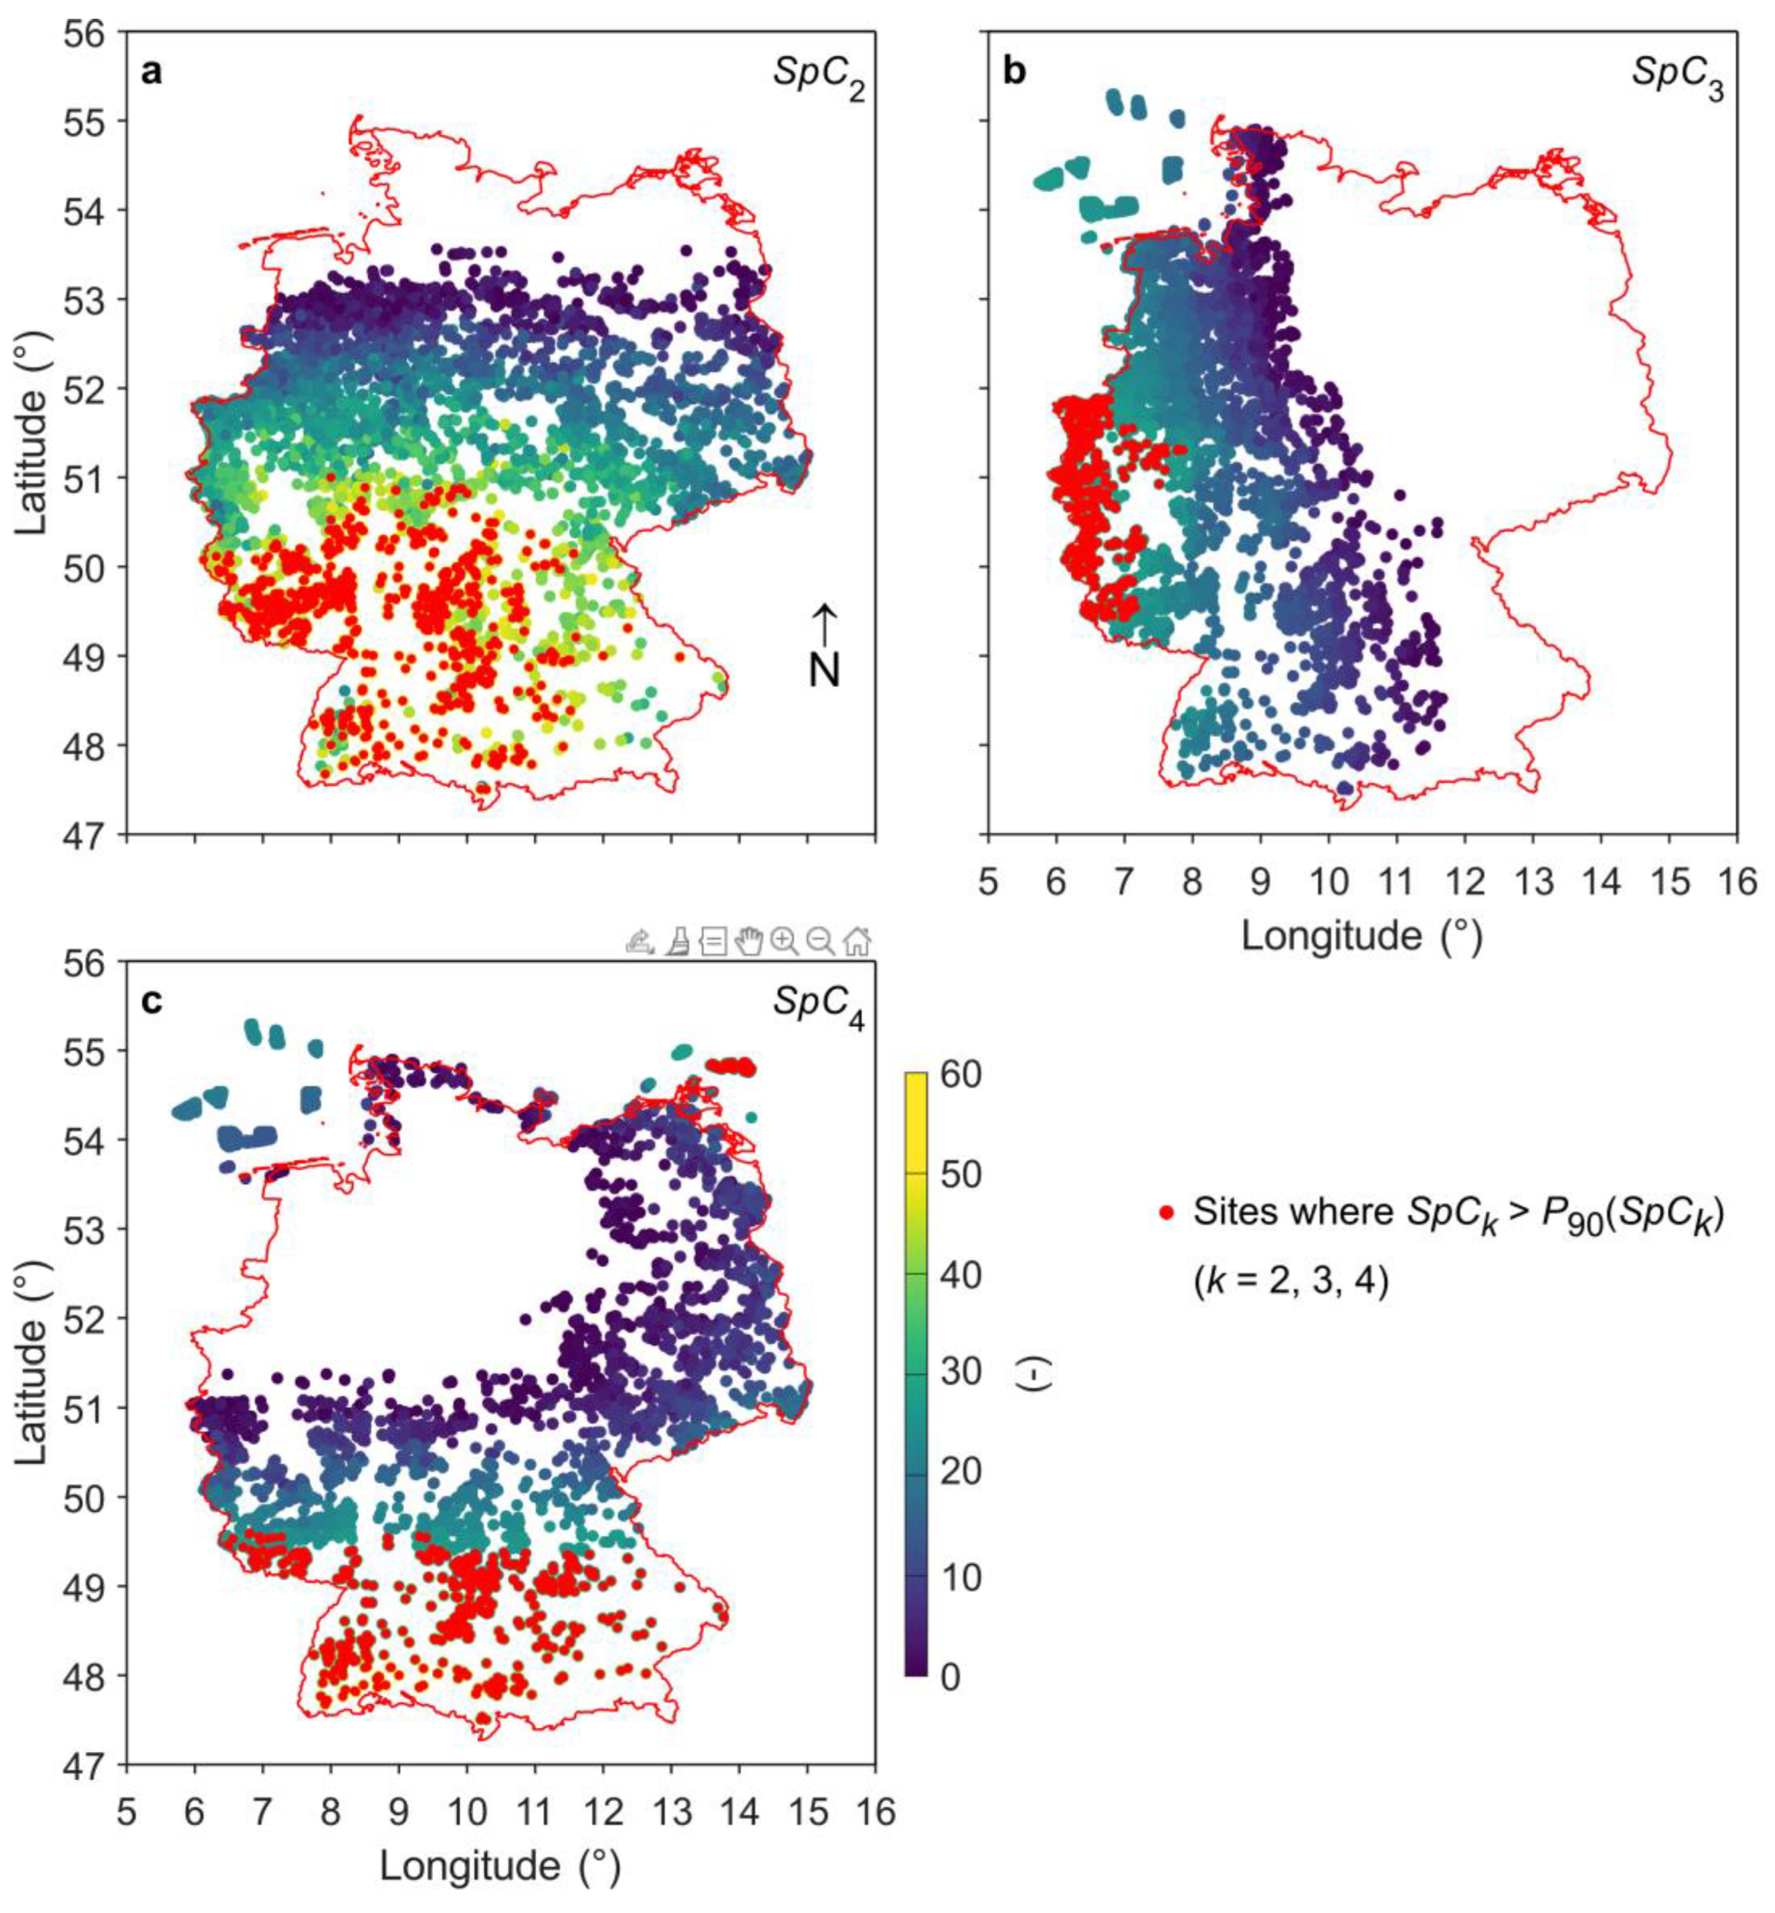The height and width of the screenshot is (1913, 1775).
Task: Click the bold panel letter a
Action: click(151, 72)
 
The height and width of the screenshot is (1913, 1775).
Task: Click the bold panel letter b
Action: click(1014, 72)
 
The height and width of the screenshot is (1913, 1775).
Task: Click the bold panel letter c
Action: click(151, 1001)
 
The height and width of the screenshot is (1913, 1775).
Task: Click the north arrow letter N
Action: click(824, 670)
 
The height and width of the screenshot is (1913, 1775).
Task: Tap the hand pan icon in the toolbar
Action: click(748, 942)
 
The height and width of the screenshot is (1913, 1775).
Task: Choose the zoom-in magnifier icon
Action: click(785, 942)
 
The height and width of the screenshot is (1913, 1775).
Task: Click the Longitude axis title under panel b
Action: click(1362, 935)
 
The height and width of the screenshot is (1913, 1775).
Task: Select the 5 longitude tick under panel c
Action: click(127, 1811)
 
